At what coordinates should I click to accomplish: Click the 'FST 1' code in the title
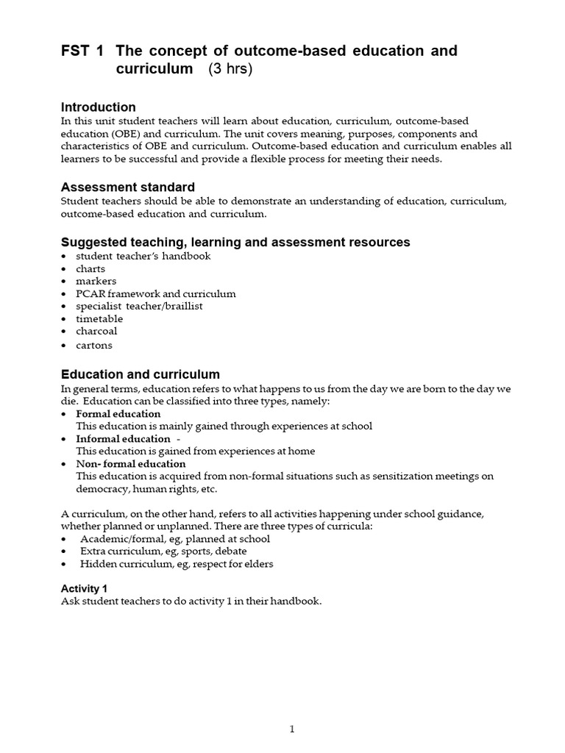click(x=82, y=51)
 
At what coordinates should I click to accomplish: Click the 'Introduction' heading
click(x=98, y=107)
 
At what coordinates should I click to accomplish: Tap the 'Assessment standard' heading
click(x=127, y=187)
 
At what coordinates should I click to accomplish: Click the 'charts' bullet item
click(x=90, y=268)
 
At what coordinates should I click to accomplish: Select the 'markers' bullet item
click(x=96, y=281)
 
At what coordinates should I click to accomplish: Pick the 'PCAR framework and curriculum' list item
click(x=155, y=293)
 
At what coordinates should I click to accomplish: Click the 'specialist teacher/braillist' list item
click(x=139, y=306)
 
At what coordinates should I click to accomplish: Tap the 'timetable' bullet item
click(x=99, y=318)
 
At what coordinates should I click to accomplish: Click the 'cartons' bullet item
click(x=94, y=345)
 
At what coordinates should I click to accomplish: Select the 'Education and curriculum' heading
click(x=140, y=374)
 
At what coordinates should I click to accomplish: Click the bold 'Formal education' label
click(x=118, y=414)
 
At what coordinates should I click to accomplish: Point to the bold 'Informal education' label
click(x=123, y=439)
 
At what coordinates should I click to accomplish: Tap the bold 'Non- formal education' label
click(x=131, y=464)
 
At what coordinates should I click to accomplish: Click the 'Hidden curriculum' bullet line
click(x=177, y=564)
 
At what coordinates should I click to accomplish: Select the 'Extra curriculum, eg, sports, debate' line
click(x=163, y=552)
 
